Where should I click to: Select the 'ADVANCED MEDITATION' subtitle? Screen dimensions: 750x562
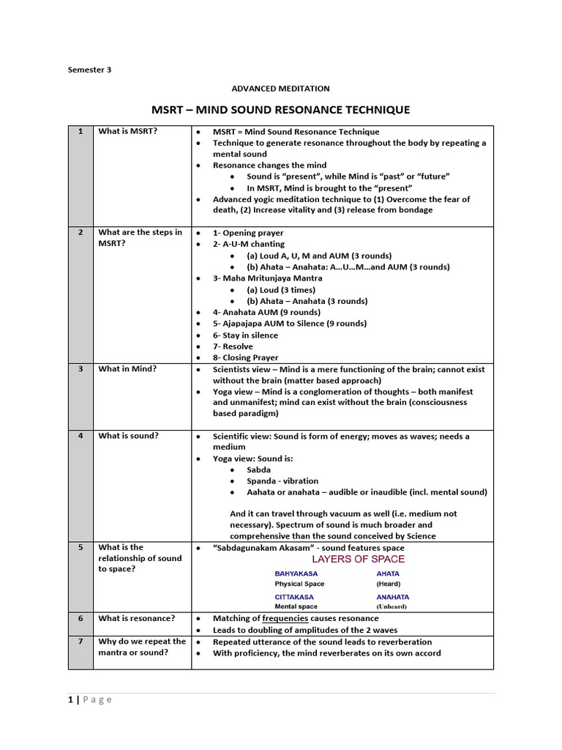pyautogui.click(x=281, y=89)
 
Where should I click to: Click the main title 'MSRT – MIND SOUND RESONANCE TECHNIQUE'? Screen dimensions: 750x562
pyautogui.click(x=280, y=110)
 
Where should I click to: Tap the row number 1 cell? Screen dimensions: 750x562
pyautogui.click(x=80, y=131)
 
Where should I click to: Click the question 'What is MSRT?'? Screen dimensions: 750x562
pyautogui.click(x=127, y=131)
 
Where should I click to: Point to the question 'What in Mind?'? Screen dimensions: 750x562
pyautogui.click(x=127, y=369)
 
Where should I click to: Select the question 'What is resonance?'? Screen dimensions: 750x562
pyautogui.click(x=137, y=618)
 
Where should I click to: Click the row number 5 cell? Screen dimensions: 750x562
pyautogui.click(x=80, y=547)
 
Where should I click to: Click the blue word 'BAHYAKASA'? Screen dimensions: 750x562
pyautogui.click(x=296, y=573)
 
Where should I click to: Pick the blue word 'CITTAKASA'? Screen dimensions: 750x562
pyautogui.click(x=295, y=597)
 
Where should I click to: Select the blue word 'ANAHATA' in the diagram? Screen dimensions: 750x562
pyautogui.click(x=393, y=597)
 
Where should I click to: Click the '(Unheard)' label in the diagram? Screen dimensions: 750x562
pyautogui.click(x=391, y=607)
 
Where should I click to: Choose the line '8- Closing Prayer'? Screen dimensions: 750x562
pyautogui.click(x=245, y=357)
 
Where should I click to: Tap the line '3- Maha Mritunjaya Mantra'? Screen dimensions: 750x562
pyautogui.click(x=264, y=278)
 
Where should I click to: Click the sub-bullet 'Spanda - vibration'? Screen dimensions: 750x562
pyautogui.click(x=282, y=481)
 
